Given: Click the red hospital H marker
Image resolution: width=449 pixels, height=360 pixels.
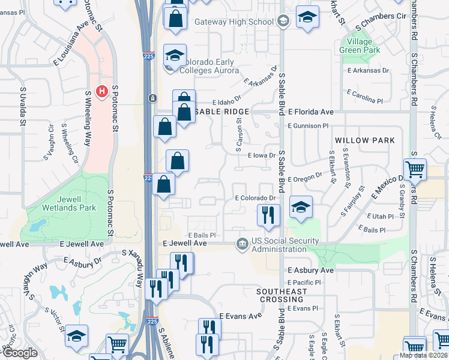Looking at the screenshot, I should pyautogui.click(x=102, y=92).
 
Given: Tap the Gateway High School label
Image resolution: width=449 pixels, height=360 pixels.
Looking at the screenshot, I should pyautogui.click(x=234, y=22).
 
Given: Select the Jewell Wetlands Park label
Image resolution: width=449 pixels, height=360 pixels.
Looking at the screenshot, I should pyautogui.click(x=60, y=203).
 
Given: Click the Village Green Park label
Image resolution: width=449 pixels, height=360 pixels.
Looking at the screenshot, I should pyautogui.click(x=360, y=46).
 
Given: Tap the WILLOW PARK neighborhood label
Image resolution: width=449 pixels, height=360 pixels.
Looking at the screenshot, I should pyautogui.click(x=365, y=140).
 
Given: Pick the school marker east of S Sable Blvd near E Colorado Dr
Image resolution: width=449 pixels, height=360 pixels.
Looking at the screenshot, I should pyautogui.click(x=301, y=207).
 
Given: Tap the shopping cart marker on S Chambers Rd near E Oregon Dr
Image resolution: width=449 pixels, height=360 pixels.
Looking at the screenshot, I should pyautogui.click(x=415, y=170).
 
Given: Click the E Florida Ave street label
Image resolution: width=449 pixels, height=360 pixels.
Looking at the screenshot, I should pyautogui.click(x=310, y=112).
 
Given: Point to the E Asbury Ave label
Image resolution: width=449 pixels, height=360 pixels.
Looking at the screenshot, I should pyautogui.click(x=310, y=271).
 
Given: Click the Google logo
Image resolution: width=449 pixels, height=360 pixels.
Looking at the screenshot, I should pyautogui.click(x=20, y=353).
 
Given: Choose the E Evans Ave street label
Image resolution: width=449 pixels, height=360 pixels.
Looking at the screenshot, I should pyautogui.click(x=241, y=316).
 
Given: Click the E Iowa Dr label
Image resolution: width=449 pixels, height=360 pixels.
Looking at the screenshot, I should pyautogui.click(x=261, y=155).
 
